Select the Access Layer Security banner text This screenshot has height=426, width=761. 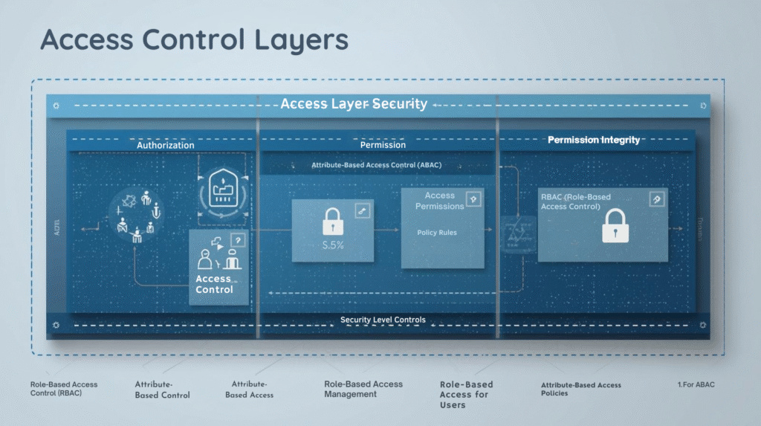click(354, 104)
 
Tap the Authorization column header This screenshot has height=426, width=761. click(165, 145)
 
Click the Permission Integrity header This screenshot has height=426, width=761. click(593, 140)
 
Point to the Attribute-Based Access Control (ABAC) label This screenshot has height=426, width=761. click(377, 165)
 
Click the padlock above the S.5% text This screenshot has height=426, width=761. click(332, 222)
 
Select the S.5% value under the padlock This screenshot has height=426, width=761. click(331, 245)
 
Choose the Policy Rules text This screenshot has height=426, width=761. click(437, 233)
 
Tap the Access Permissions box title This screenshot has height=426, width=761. click(439, 201)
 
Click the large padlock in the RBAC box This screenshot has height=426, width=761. click(614, 225)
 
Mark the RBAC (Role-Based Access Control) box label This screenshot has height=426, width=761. click(575, 201)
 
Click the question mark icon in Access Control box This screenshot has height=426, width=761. click(238, 239)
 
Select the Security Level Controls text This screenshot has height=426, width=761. click(383, 320)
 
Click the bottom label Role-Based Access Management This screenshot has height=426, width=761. click(363, 389)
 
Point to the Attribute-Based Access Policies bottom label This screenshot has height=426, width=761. click(580, 389)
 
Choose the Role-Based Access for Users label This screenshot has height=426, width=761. click(465, 394)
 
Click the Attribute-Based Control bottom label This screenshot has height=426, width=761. click(162, 390)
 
